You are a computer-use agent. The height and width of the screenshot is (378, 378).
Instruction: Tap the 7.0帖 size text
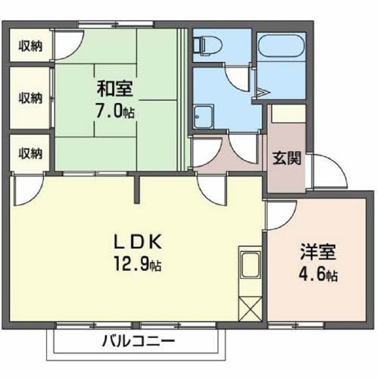pos(116,110)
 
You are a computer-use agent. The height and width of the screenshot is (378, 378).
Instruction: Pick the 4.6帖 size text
pos(318,276)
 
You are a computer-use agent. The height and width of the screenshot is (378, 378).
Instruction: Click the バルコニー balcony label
pos(137,341)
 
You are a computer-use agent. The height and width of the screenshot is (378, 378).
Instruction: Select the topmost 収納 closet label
pos(29,46)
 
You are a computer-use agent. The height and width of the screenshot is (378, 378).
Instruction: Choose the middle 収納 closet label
pos(29,97)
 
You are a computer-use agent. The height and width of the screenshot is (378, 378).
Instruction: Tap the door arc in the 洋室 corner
pos(277,215)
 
